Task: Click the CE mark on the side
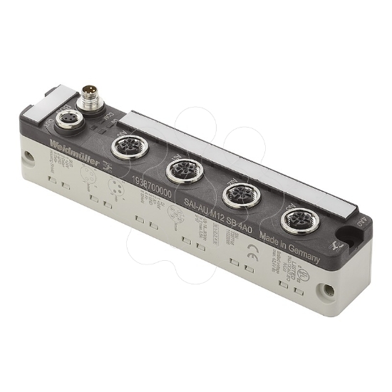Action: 251,250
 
